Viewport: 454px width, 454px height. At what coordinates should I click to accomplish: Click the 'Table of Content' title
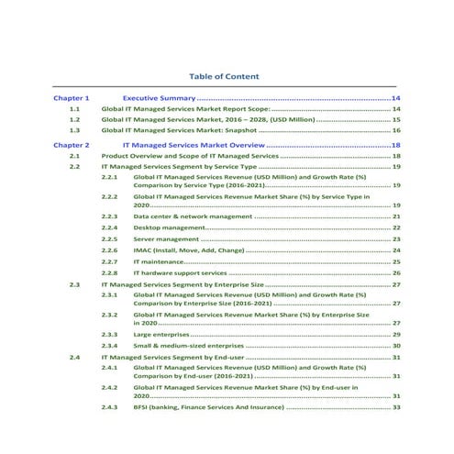[224, 76]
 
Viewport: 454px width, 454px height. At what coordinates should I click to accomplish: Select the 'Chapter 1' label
[72, 97]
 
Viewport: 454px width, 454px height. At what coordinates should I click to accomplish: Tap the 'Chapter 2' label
[72, 145]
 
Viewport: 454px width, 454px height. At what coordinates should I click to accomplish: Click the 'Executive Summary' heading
[159, 97]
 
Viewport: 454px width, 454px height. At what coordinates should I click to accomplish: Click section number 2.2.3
[109, 216]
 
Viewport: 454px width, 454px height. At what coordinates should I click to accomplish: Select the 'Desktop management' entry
[169, 227]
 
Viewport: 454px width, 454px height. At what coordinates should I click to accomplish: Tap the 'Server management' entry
[165, 238]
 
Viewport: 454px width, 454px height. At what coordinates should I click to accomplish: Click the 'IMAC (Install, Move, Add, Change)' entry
[189, 250]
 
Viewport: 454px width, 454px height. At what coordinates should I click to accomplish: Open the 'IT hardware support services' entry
[180, 273]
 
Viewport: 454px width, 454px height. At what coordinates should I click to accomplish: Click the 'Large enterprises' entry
[162, 335]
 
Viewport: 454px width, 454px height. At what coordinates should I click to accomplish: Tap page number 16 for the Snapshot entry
[396, 131]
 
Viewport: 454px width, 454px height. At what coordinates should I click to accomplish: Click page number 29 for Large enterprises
[396, 335]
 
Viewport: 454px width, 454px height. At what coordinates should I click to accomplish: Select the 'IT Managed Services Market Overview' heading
[194, 145]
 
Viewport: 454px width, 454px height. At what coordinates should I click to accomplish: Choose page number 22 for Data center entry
[396, 216]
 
